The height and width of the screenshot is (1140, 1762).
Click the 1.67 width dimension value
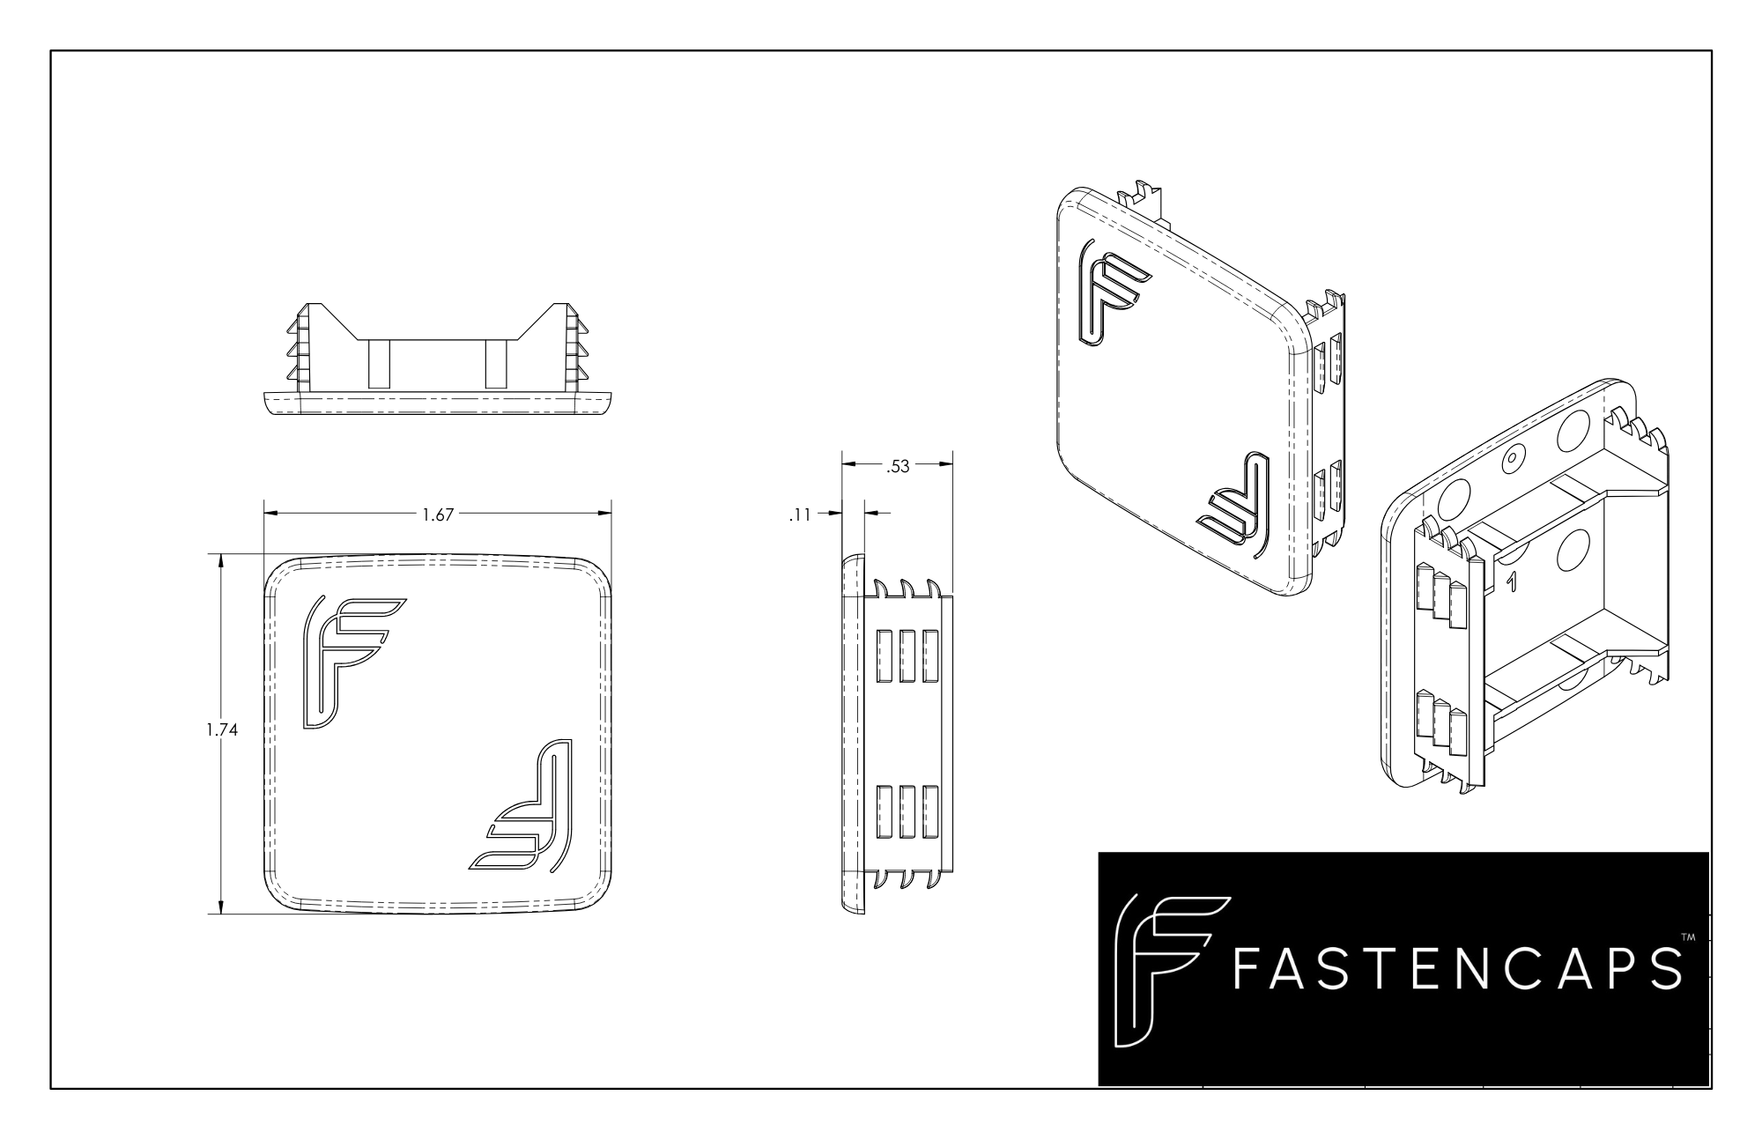click(437, 515)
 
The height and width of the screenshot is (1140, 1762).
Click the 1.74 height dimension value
click(221, 729)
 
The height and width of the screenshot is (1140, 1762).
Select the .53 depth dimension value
click(897, 467)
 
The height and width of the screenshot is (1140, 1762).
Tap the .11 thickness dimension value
click(799, 515)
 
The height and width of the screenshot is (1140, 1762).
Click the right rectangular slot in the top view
click(496, 364)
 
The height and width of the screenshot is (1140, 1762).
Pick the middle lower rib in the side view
click(907, 811)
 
